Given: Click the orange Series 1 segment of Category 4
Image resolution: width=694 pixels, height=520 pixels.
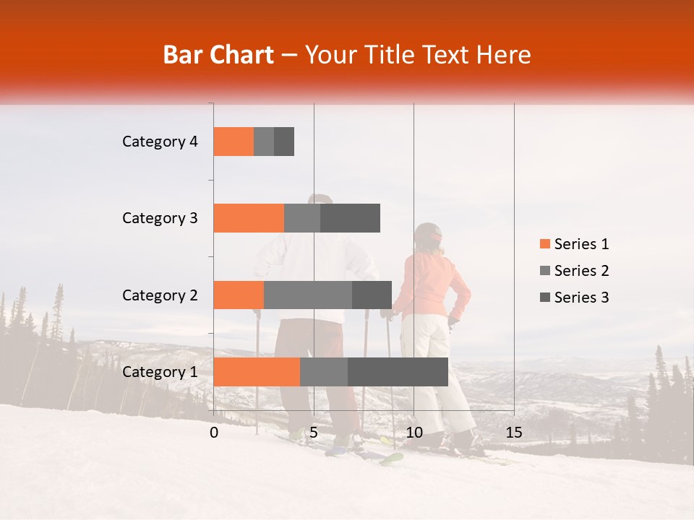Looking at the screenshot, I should (x=234, y=142).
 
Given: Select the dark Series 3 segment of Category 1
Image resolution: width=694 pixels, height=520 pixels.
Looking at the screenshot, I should (x=398, y=372).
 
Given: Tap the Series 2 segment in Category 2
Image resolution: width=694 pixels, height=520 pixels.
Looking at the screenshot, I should (x=308, y=295).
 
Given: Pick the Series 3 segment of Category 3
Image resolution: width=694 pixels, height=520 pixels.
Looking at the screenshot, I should (x=350, y=218).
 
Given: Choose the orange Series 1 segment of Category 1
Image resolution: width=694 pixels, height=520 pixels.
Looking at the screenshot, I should (x=257, y=372).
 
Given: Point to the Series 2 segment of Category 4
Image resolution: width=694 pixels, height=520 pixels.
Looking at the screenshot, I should (x=264, y=142).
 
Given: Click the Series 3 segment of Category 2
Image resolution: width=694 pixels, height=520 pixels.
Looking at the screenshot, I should (x=372, y=295).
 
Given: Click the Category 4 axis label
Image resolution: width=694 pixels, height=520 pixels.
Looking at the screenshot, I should (x=160, y=142).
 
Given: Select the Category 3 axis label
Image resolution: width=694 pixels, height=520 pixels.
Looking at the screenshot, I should (x=160, y=218).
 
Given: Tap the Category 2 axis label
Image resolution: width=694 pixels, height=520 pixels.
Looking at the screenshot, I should (x=160, y=295).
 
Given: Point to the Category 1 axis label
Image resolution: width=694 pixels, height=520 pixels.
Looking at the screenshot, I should (x=160, y=372).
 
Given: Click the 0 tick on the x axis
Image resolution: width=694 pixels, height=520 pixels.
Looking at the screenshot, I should (x=214, y=433).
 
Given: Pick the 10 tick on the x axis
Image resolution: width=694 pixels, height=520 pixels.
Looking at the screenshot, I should (x=414, y=433).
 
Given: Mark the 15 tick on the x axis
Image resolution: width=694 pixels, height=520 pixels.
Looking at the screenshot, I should (x=514, y=433).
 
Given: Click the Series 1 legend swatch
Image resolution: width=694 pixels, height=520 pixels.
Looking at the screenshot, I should (x=544, y=244).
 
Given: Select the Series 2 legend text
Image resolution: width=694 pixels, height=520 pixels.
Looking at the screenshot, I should (x=581, y=271).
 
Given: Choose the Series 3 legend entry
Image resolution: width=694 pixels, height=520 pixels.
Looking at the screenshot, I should (x=574, y=298).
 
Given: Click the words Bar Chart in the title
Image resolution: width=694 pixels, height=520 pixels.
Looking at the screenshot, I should (x=218, y=55).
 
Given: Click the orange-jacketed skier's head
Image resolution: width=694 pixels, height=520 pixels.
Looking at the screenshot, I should (x=429, y=237).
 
